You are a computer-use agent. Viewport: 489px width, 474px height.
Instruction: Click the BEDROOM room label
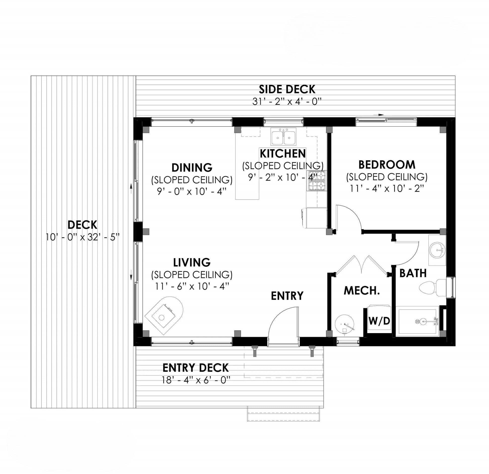(387, 165)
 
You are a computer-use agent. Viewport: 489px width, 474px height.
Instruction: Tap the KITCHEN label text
(283, 153)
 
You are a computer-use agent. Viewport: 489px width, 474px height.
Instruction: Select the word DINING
(192, 168)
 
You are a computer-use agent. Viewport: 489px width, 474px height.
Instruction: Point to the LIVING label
(192, 262)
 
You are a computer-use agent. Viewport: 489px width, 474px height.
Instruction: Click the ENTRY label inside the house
(287, 296)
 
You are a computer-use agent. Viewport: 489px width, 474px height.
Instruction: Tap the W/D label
(379, 321)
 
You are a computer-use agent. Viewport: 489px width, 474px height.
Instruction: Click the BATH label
(413, 273)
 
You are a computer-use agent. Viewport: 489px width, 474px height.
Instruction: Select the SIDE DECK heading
(287, 89)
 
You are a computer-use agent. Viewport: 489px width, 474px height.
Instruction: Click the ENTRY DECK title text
(195, 368)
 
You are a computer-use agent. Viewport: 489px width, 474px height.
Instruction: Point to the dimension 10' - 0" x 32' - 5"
(82, 237)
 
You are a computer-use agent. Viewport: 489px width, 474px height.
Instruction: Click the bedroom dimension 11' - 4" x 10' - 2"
(387, 188)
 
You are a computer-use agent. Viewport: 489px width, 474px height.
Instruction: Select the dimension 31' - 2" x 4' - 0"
(287, 101)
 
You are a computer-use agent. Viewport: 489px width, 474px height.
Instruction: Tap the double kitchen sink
(283, 137)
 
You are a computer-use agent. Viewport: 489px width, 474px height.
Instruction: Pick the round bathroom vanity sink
(437, 250)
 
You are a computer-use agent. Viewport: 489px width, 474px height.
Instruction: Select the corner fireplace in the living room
(164, 315)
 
